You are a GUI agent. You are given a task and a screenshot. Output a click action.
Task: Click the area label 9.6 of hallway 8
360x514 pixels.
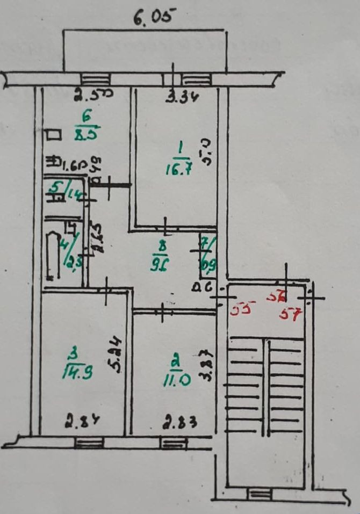(x=161, y=264)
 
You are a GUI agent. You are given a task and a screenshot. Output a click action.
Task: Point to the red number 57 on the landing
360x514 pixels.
(x=290, y=314)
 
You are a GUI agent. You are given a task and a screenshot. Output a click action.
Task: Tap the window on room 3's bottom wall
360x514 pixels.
(x=88, y=443)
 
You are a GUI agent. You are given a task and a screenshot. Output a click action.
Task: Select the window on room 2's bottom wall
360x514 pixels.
(x=172, y=443)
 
